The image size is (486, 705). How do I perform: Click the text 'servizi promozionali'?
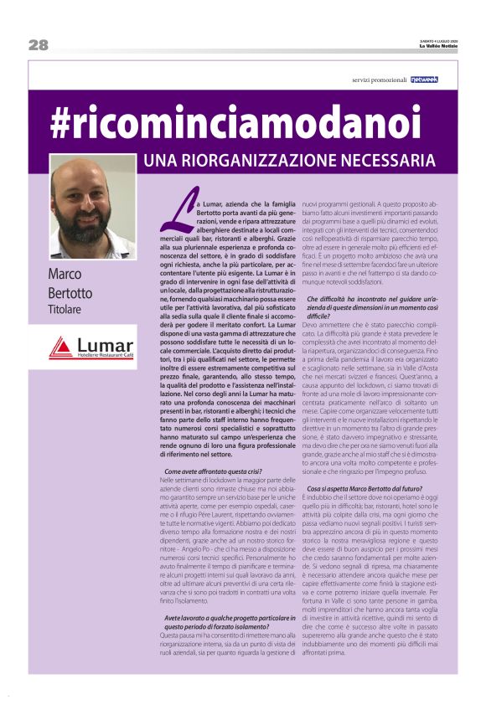(379, 80)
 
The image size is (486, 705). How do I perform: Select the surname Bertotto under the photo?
(73, 293)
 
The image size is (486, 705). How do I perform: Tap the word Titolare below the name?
(67, 311)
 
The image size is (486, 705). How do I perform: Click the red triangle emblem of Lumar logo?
(61, 347)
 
